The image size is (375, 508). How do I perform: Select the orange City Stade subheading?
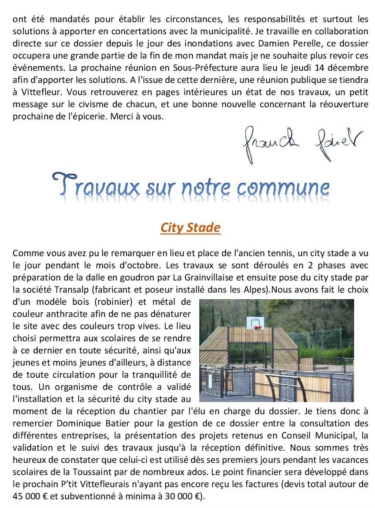tap(191, 228)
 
